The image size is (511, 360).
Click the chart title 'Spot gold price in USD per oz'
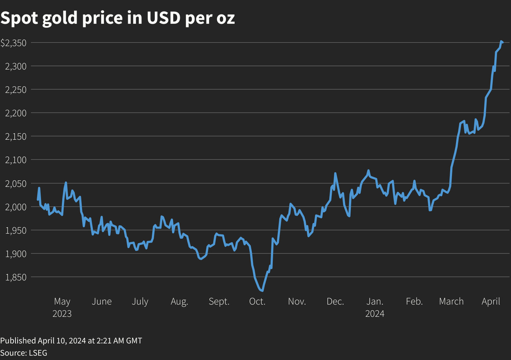[118, 18]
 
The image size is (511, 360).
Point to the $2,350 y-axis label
[14, 43]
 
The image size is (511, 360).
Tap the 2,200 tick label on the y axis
[16, 113]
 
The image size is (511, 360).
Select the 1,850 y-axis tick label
[16, 277]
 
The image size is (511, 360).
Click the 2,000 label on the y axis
[16, 207]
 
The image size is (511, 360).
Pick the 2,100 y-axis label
[16, 160]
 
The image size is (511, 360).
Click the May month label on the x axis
[62, 302]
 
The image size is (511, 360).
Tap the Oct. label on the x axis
[257, 302]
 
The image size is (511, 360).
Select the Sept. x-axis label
[219, 302]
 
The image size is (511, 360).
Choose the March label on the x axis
[451, 302]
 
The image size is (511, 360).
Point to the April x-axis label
[491, 302]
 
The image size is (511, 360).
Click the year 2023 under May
[62, 314]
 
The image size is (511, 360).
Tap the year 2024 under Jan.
[375, 314]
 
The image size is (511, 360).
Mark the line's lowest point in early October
[262, 291]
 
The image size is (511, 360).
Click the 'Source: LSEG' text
[24, 353]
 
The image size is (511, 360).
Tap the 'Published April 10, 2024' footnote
[71, 341]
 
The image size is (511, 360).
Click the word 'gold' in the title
[60, 18]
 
